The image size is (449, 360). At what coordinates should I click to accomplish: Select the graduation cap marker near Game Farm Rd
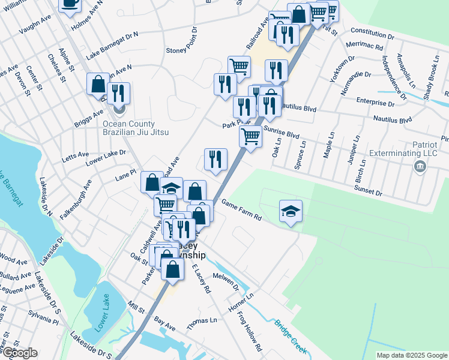coord(291,211)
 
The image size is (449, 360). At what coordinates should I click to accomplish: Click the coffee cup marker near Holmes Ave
coord(70,3)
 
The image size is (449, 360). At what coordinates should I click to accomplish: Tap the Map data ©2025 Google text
coord(411,355)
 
